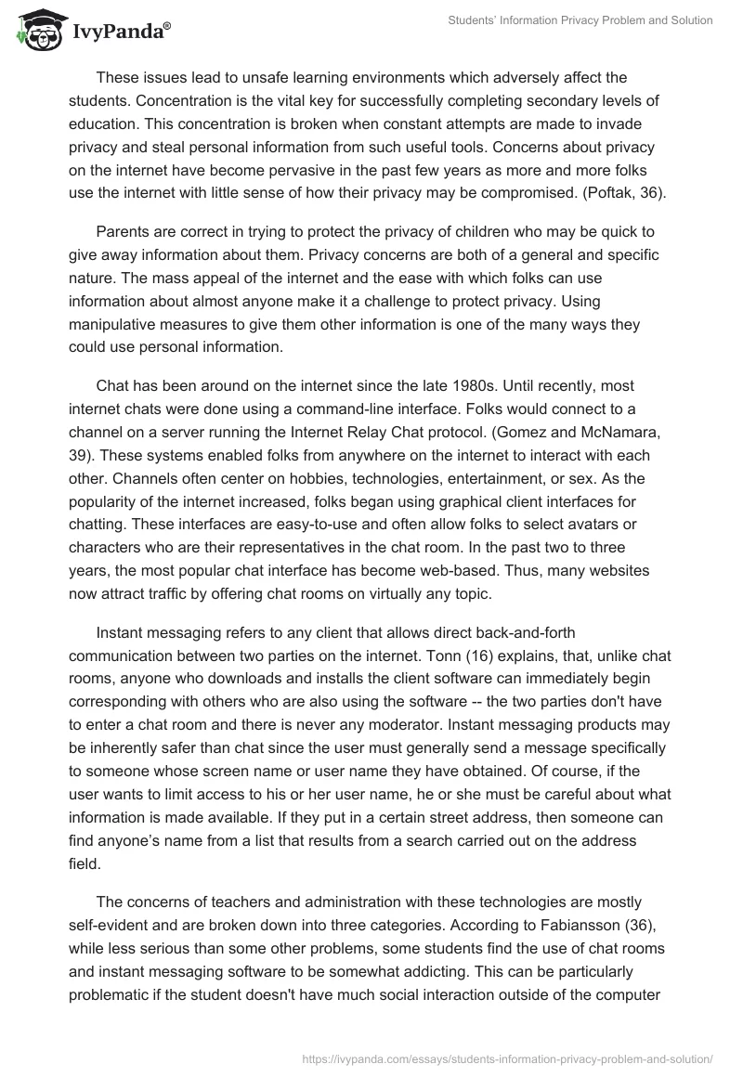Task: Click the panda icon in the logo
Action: [35, 32]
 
